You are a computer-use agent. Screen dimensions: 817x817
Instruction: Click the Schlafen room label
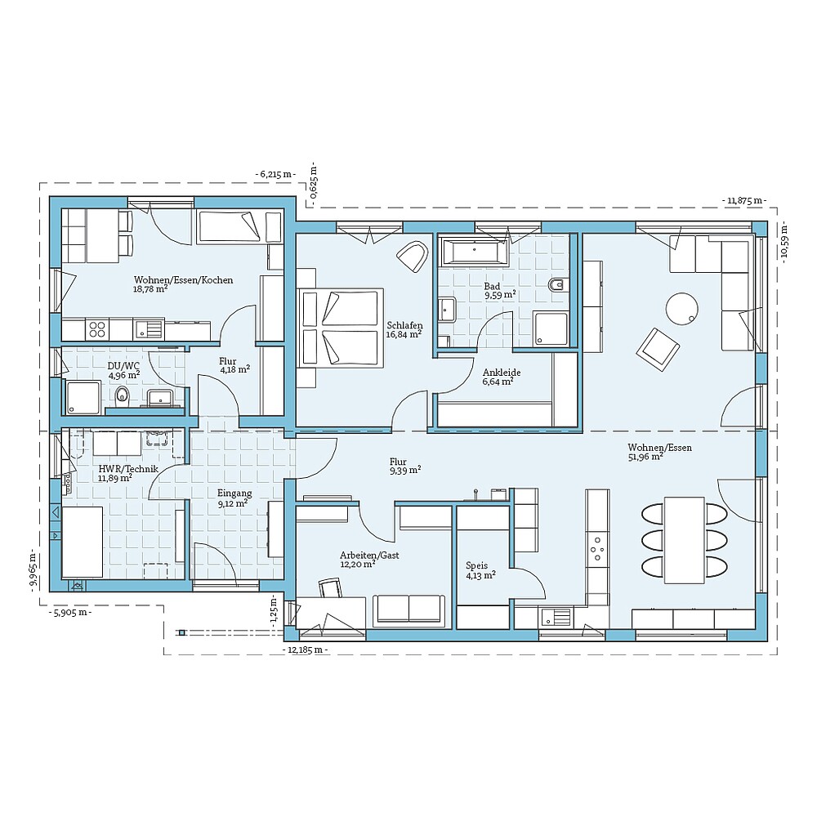pos(404,324)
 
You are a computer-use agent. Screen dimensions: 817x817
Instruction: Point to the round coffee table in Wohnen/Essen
pos(682,309)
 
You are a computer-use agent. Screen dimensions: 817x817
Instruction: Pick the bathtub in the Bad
pos(475,252)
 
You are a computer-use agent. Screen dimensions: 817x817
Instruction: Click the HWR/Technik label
pos(128,469)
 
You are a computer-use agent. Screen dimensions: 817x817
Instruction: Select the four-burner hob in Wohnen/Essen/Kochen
pos(97,329)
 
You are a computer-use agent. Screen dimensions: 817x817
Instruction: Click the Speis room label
pos(475,565)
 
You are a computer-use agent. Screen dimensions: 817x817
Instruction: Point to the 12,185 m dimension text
pos(306,650)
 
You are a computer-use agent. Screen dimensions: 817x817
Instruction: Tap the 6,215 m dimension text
pos(276,174)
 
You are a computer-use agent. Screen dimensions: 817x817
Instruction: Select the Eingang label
pos(234,493)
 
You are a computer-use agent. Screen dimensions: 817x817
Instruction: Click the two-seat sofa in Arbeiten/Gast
pos(409,609)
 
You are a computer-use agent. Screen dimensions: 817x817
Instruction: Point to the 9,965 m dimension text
pos(32,572)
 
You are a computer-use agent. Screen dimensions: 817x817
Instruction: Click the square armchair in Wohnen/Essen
pos(659,348)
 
